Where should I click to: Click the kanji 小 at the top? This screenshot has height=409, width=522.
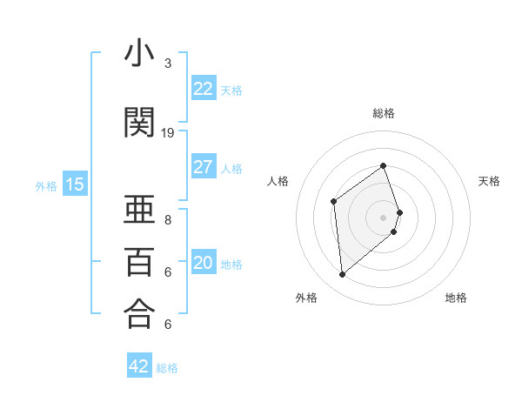tap(139, 57)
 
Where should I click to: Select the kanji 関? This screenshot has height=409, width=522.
tap(139, 123)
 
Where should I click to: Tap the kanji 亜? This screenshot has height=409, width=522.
tap(139, 211)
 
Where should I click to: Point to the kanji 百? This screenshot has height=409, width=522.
tap(139, 262)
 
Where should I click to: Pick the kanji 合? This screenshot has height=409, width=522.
tap(139, 313)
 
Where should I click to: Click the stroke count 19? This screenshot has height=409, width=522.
tap(168, 133)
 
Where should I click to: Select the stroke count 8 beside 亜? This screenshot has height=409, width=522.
tap(168, 220)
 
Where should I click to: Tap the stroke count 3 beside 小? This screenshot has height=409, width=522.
tap(168, 64)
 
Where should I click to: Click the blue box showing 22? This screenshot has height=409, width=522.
tap(204, 89)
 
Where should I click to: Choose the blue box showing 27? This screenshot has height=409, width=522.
tap(204, 167)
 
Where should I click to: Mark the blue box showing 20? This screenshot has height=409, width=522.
tap(204, 263)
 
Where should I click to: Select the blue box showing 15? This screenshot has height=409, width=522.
tap(75, 184)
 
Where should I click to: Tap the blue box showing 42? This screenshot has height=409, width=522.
tap(139, 366)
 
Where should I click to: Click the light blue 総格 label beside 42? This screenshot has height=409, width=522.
tap(167, 368)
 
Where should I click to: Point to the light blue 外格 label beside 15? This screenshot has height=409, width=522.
tap(46, 185)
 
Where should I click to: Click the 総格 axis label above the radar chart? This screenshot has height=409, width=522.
tap(384, 113)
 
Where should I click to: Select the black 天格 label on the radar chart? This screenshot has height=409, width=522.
tap(490, 181)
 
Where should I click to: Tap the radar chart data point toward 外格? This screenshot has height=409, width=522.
tap(343, 275)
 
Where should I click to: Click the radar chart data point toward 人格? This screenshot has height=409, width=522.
tap(334, 202)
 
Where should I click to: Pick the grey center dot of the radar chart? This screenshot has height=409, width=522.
tap(384, 217)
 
